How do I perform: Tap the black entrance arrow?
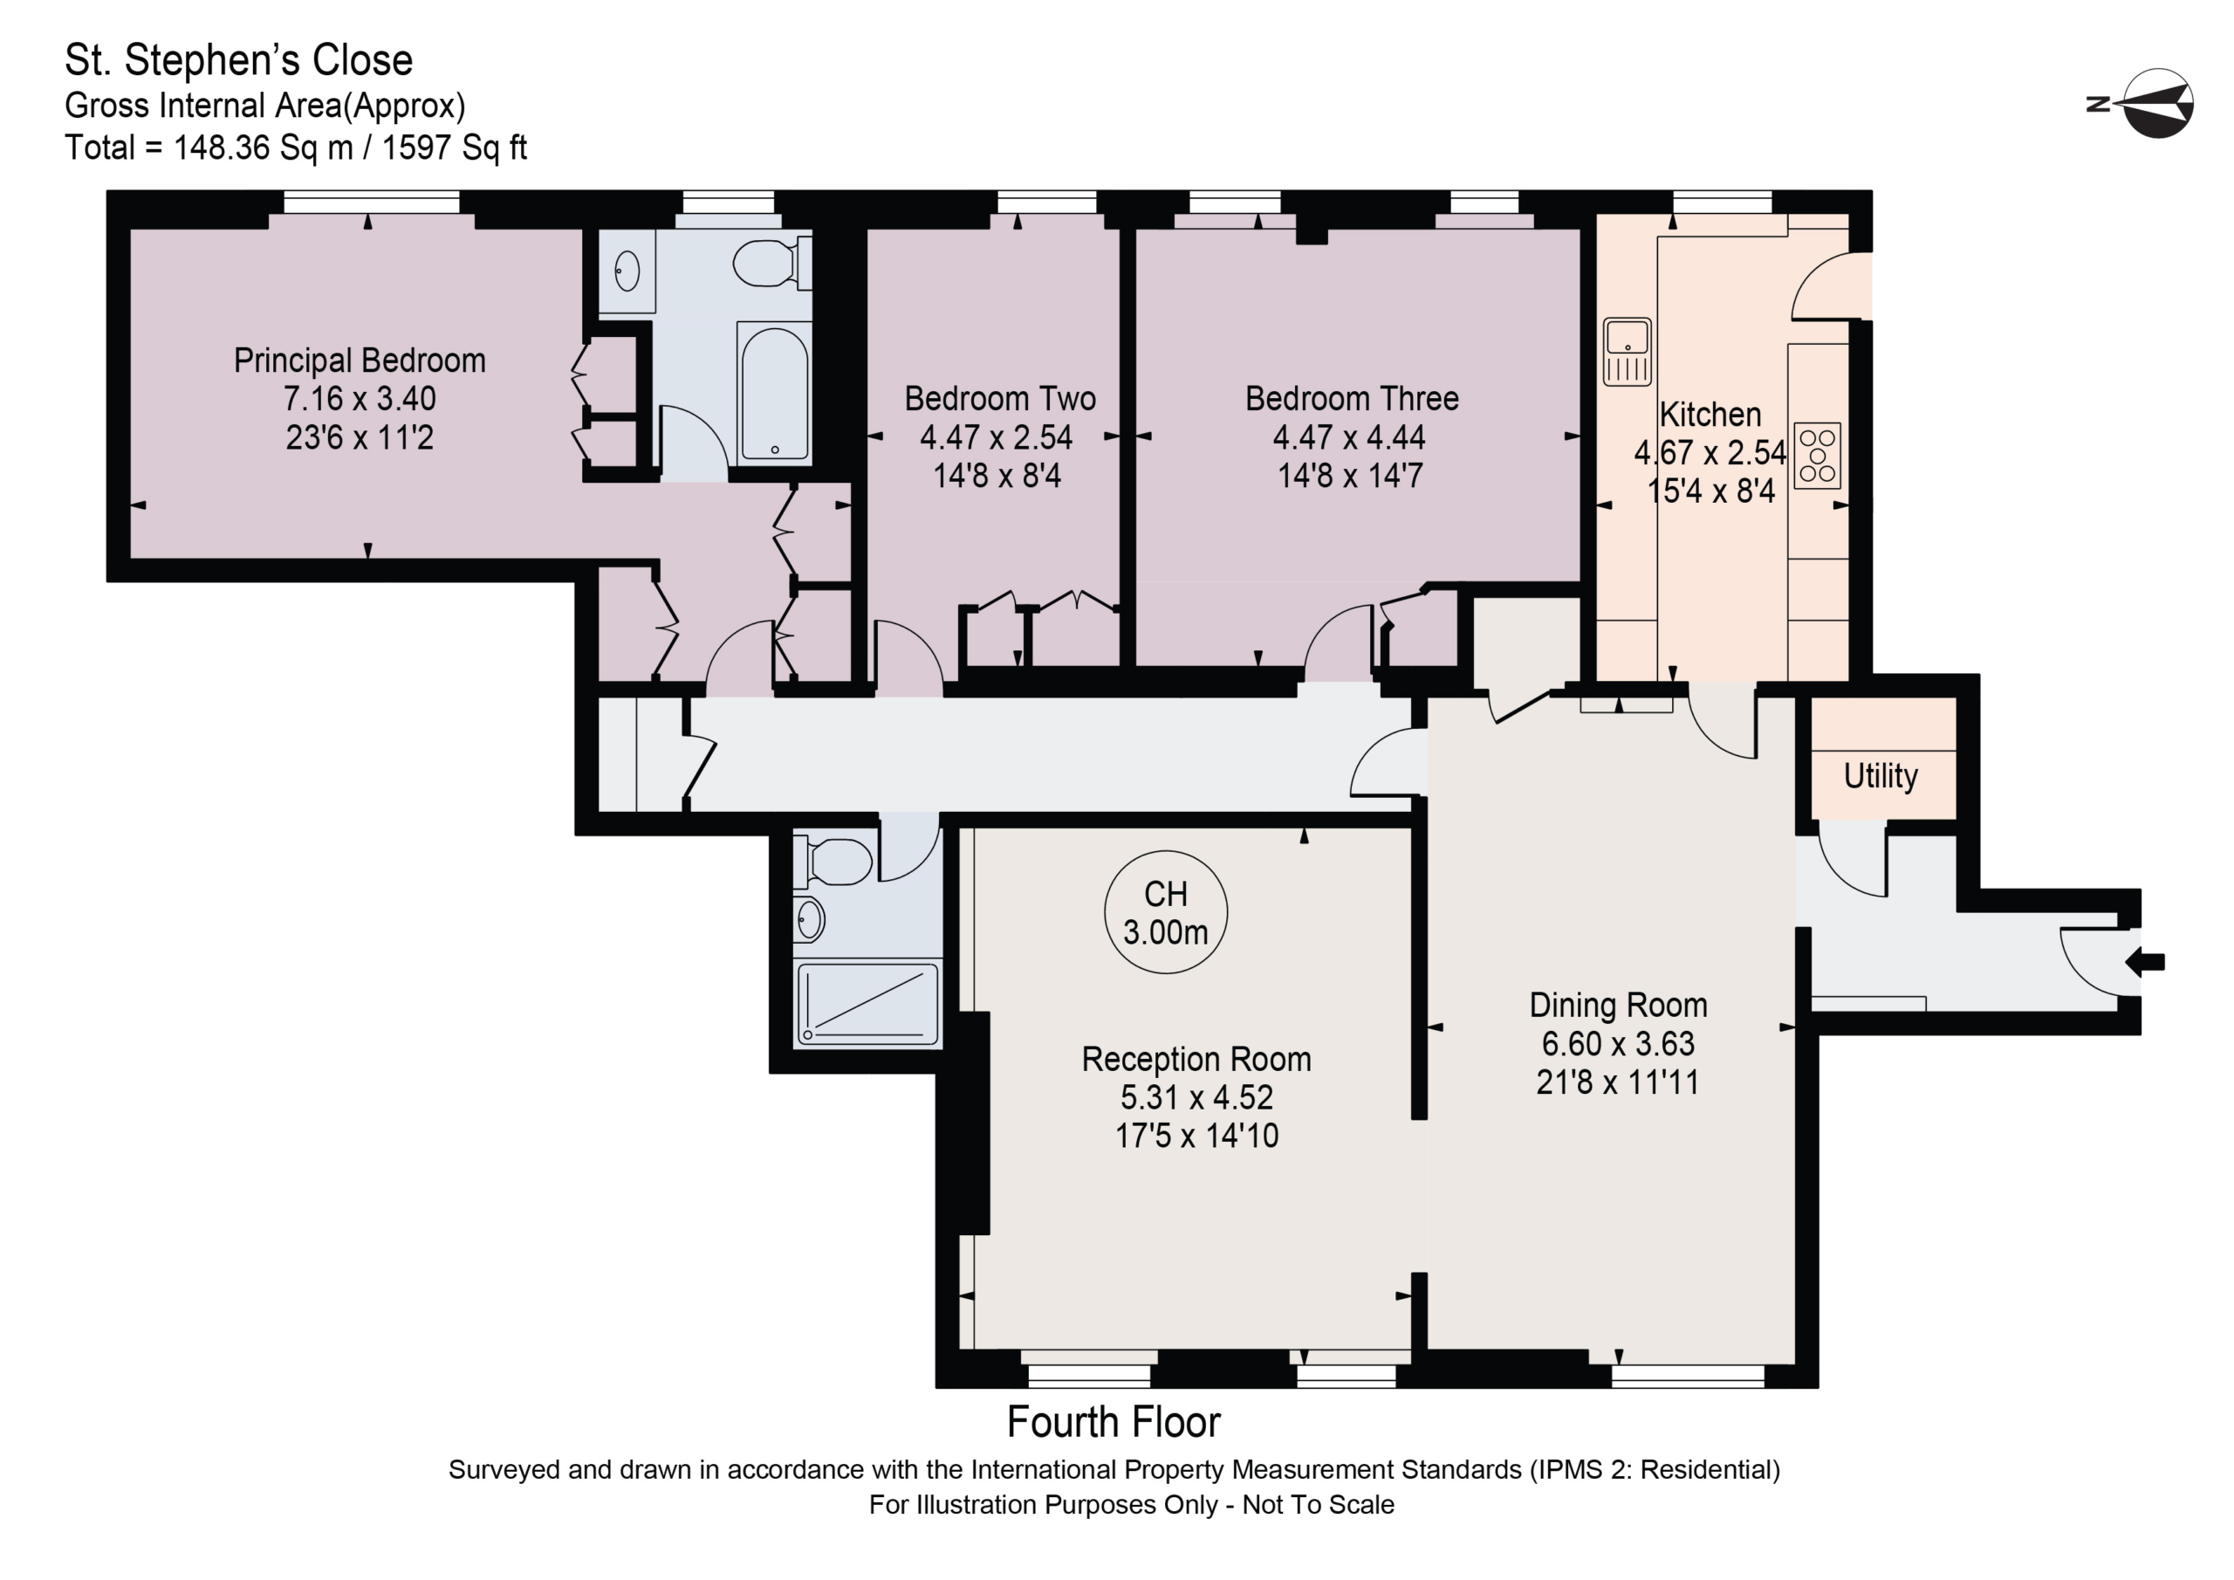pos(2143,963)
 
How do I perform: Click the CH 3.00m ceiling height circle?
pos(1166,913)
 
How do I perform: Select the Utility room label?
pos(1880,776)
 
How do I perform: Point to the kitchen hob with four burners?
pos(1817,456)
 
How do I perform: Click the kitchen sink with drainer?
pos(1627,352)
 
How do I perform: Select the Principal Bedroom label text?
pos(360,361)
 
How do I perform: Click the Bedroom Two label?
pos(1000,398)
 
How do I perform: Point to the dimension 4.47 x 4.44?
pos(1349,437)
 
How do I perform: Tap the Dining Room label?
pos(1618,1005)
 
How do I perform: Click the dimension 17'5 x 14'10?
pos(1196,1135)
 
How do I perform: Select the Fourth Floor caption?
pos(1114,1422)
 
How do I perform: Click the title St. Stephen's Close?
pos(238,60)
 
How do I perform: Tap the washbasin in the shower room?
pos(810,919)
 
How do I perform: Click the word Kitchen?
pos(1710,415)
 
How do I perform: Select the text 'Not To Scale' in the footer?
pos(1319,1505)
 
